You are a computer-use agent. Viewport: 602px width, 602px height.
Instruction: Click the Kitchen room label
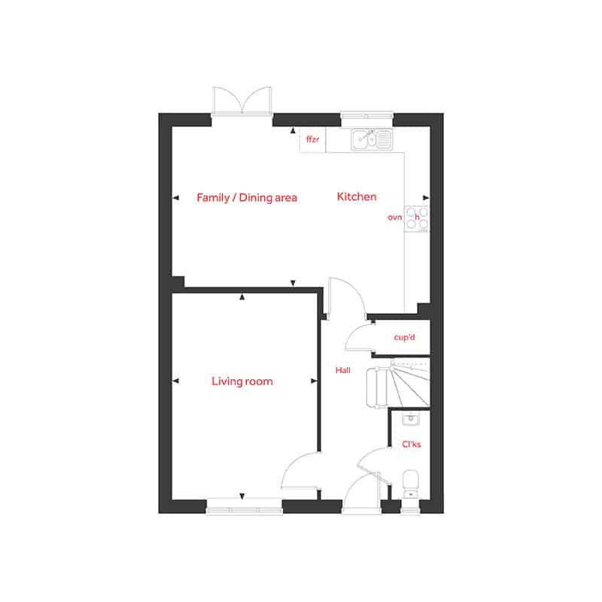357,196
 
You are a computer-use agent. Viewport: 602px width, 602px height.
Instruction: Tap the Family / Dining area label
247,198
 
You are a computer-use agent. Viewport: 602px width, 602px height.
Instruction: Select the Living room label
242,382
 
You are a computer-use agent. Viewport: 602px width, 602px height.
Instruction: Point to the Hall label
343,370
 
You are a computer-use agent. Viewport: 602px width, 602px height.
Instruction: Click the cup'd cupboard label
404,337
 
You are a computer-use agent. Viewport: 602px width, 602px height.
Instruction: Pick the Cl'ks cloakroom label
411,444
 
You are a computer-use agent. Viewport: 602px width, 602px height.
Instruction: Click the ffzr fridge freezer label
312,139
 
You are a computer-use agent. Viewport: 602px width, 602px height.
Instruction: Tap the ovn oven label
394,217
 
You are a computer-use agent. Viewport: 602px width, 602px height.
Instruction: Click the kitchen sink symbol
372,139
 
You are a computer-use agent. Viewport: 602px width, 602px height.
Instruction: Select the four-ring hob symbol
417,219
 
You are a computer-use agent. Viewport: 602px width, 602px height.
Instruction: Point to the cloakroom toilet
410,483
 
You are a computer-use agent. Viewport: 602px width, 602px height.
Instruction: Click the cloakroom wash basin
410,419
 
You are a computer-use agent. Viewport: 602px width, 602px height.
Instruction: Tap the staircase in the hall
398,383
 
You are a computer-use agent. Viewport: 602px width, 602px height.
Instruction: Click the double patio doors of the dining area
242,101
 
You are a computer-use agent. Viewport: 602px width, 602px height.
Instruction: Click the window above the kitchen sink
366,114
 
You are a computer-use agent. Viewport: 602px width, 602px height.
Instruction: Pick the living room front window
244,510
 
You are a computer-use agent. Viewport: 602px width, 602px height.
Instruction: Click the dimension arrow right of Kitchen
426,198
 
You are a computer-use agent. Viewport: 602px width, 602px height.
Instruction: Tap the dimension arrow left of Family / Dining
176,198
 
